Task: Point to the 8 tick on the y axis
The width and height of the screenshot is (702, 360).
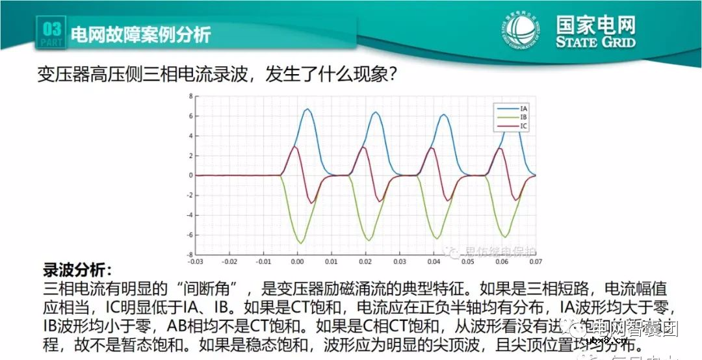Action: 191,96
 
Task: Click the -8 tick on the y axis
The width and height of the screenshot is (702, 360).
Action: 190,255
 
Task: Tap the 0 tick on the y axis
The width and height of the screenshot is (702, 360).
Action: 191,175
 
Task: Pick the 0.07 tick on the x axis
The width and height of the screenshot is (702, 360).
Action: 535,262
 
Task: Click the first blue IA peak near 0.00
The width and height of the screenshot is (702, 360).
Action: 307,109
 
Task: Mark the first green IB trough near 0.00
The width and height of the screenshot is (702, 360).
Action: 300,243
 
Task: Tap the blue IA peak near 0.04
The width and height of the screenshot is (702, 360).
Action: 444,115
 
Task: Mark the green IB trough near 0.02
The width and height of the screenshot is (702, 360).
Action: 368,240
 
